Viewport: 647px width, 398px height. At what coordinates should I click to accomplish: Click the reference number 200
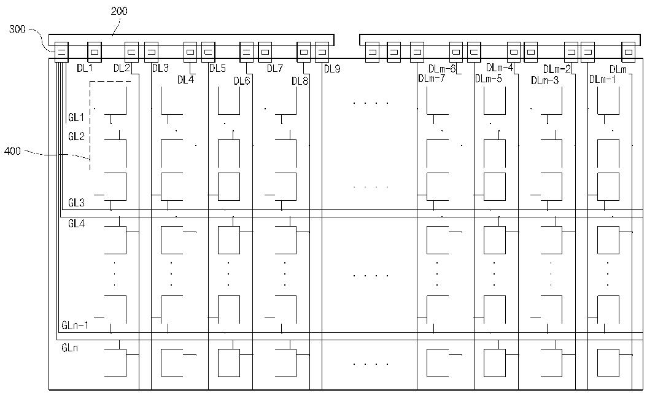(119, 11)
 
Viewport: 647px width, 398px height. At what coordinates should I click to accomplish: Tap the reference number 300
(17, 29)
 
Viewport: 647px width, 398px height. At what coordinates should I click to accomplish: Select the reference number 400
(12, 150)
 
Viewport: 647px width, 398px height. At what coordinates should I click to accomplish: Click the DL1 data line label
(85, 68)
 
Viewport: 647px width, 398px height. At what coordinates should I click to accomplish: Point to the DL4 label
(185, 80)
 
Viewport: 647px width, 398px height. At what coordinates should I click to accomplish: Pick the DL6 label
(242, 80)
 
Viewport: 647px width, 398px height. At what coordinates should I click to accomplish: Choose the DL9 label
(332, 69)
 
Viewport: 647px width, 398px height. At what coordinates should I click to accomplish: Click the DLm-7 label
(432, 78)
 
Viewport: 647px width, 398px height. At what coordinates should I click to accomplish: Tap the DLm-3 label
(544, 80)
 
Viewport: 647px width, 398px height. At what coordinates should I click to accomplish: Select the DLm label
(618, 70)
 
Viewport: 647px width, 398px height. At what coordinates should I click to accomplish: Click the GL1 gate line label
(76, 117)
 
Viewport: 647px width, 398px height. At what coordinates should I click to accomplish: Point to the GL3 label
(76, 202)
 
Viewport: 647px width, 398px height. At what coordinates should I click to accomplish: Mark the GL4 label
(76, 224)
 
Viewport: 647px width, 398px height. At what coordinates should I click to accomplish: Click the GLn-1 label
(75, 325)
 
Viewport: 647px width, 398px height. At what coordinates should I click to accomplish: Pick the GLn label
(70, 348)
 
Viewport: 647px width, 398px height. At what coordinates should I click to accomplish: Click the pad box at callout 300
(61, 52)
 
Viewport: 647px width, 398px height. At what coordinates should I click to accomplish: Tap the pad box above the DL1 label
(95, 52)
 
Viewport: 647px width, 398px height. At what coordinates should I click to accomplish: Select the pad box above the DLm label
(629, 52)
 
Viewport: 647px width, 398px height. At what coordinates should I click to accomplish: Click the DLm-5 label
(489, 79)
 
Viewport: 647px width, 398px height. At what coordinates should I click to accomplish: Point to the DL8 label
(300, 81)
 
